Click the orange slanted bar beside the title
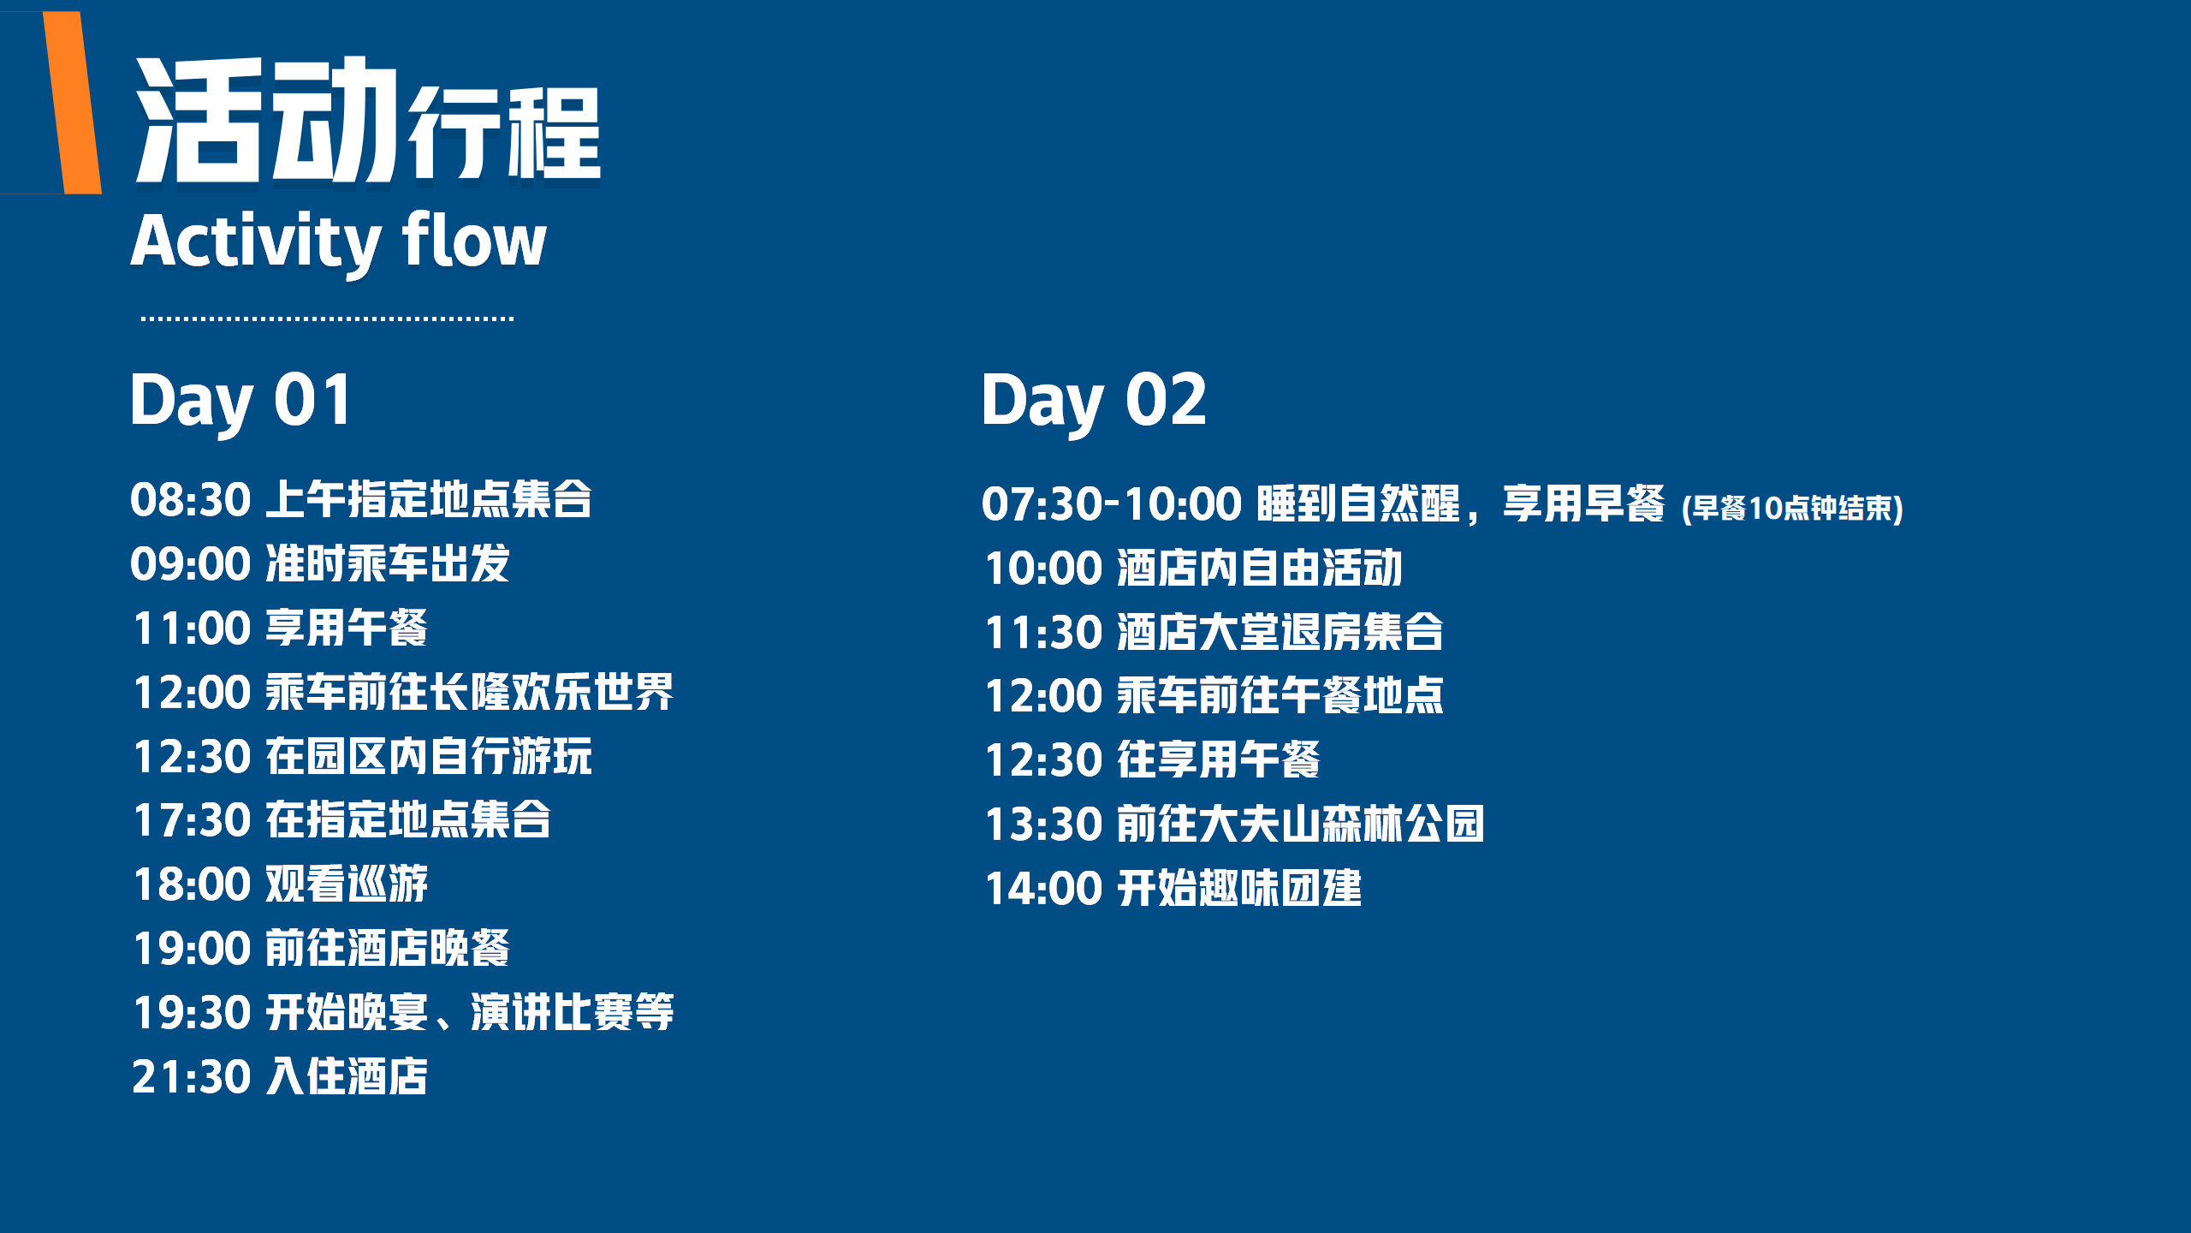click(73, 103)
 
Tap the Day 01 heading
click(240, 402)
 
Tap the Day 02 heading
click(1094, 402)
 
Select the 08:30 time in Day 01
click(191, 500)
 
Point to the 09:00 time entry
click(191, 564)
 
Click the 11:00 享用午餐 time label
click(193, 628)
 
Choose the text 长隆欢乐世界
click(551, 692)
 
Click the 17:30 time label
click(193, 820)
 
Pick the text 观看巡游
click(347, 884)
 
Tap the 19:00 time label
click(193, 949)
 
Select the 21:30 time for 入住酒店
click(192, 1077)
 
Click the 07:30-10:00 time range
click(1112, 503)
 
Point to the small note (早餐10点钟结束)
click(1792, 509)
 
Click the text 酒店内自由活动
click(1260, 568)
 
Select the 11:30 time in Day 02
click(1044, 633)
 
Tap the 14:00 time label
click(1044, 889)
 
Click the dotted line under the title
click(327, 319)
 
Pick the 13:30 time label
click(1044, 825)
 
